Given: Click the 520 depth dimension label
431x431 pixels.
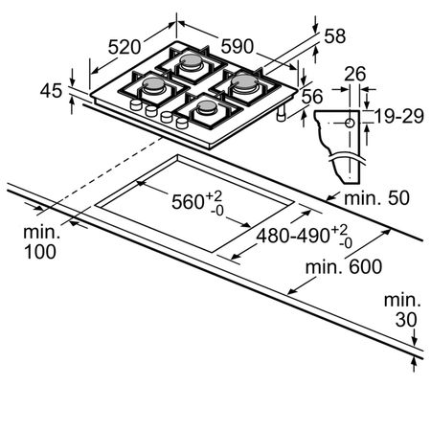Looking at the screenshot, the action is tap(125, 47).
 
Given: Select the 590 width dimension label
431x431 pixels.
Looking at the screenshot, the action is tap(238, 46).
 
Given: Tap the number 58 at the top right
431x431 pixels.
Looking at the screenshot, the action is tap(335, 35).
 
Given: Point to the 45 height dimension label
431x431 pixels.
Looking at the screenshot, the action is tap(51, 90).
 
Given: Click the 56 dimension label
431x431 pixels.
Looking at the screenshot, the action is tap(312, 97).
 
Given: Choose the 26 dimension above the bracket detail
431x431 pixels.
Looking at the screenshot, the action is tap(355, 74).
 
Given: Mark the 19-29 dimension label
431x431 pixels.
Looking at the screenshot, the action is tap(399, 116).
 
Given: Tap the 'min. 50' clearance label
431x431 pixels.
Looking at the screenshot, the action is tap(376, 198).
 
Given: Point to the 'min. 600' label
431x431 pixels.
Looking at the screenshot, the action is tap(344, 266).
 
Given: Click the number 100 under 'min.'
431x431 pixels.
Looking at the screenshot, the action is tap(40, 252).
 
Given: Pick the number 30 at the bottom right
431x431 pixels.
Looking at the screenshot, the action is tap(406, 319).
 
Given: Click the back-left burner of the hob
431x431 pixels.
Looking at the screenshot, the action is tap(153, 85).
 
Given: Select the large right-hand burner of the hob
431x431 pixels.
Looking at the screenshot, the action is tap(244, 82).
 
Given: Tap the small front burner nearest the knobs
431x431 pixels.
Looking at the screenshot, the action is tap(207, 107).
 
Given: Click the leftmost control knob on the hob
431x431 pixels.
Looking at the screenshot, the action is tap(136, 104).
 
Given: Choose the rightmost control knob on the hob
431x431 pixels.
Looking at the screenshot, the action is tap(182, 123).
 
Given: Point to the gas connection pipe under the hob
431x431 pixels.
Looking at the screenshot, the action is tap(282, 114).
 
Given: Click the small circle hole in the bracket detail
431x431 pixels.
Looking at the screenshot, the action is tap(351, 123).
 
